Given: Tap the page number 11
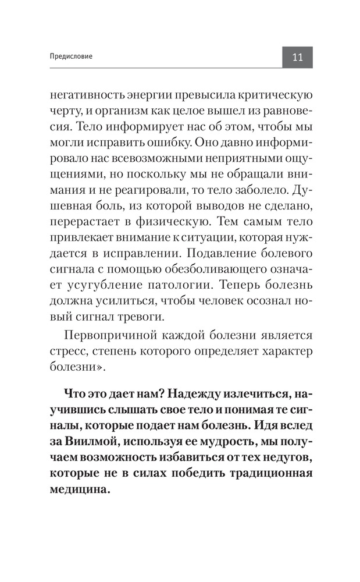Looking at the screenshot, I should pos(297,58).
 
